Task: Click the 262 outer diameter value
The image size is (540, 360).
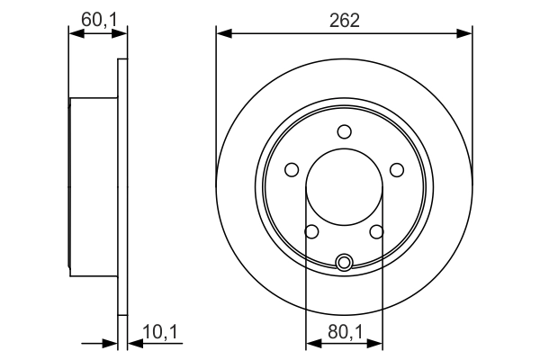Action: click(344, 20)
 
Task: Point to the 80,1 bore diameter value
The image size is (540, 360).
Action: click(344, 333)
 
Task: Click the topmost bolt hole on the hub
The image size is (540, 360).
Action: click(344, 131)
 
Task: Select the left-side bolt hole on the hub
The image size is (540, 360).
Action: click(291, 169)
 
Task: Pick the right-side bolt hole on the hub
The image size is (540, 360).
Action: click(397, 169)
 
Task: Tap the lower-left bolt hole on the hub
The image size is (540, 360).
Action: click(311, 232)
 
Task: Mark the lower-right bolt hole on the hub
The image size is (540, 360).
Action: click(376, 232)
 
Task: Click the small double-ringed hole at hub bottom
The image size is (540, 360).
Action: click(344, 262)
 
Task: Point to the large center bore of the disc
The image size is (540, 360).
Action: click(344, 189)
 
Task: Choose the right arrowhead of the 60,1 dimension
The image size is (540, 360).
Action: click(121, 34)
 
